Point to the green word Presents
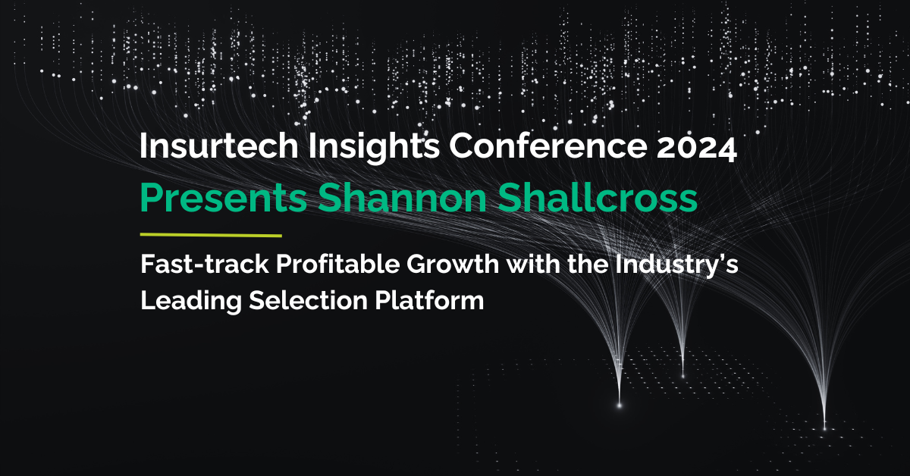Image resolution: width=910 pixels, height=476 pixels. coord(224,198)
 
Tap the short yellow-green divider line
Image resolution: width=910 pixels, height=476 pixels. coord(211,236)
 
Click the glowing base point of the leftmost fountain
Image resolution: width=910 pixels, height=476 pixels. coord(620,406)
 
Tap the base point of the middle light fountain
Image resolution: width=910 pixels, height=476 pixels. coord(682,376)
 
